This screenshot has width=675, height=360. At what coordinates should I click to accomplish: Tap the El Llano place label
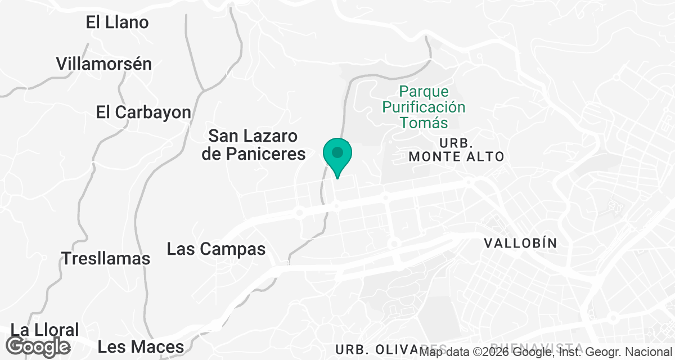coord(117,22)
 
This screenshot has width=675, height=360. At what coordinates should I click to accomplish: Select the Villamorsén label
coord(104,64)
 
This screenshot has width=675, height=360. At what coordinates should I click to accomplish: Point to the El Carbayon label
coord(143,112)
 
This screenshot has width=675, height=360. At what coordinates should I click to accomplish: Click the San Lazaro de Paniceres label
coord(253,145)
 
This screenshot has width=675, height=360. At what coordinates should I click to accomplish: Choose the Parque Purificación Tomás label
coord(424,107)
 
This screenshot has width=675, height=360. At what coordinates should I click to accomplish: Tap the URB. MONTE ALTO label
coord(456,148)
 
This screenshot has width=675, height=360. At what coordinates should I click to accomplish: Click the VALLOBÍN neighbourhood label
coord(520,243)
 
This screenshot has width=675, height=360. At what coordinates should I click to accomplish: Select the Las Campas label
coord(216,249)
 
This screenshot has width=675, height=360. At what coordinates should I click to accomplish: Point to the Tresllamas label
coord(106,259)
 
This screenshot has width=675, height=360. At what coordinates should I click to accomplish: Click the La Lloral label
coord(45,330)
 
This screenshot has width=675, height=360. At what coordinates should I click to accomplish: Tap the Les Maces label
coord(141,347)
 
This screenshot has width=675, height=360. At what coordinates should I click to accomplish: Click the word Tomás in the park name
coord(424,123)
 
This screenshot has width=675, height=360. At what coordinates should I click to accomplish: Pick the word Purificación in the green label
coord(424,107)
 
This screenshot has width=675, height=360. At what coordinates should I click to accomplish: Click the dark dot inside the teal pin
coord(337,152)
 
